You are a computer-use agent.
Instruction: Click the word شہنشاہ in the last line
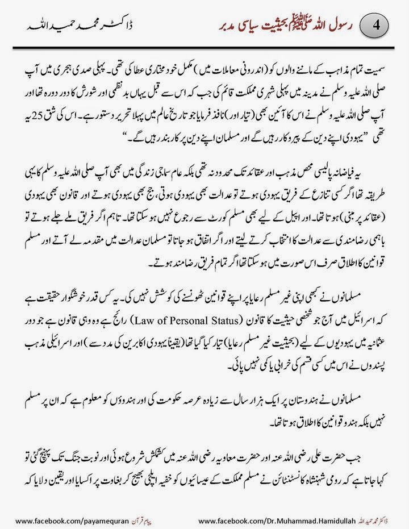[x=290, y=475]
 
